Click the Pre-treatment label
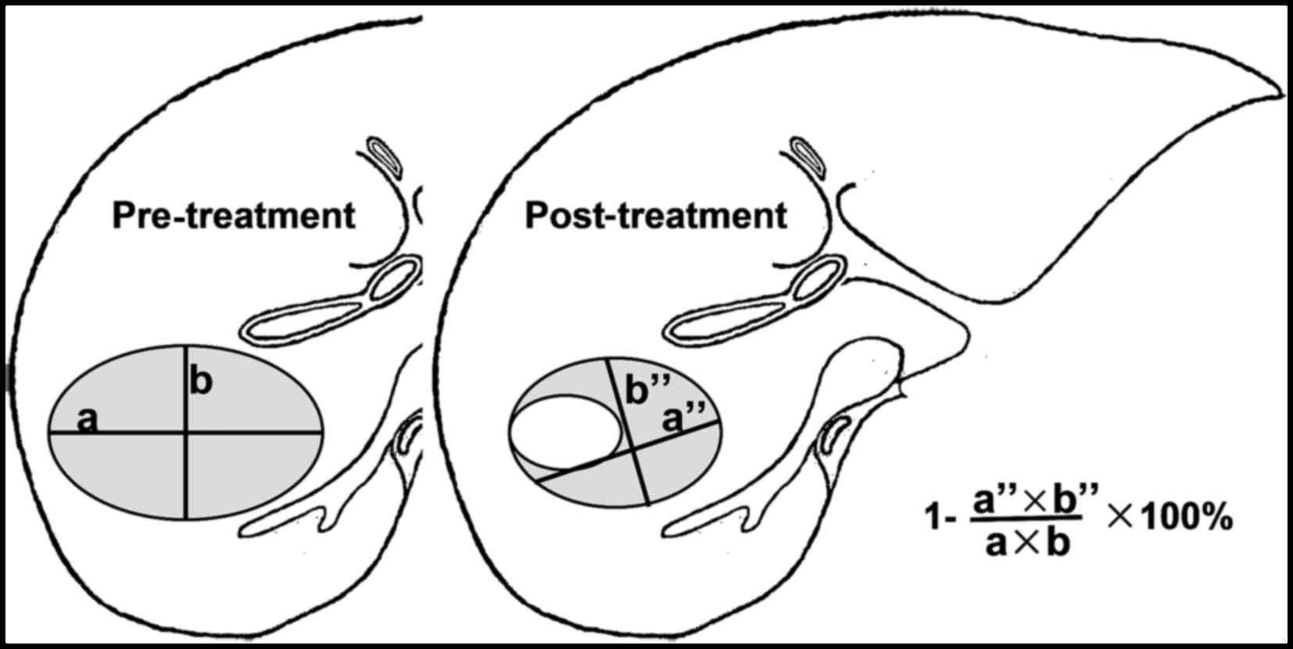234,216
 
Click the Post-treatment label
656,216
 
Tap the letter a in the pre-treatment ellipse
88,420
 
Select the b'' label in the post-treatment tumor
644,390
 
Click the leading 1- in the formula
938,518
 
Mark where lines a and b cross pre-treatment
186,431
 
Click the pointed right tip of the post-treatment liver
1279,95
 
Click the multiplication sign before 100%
1119,518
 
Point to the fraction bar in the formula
1026,518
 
